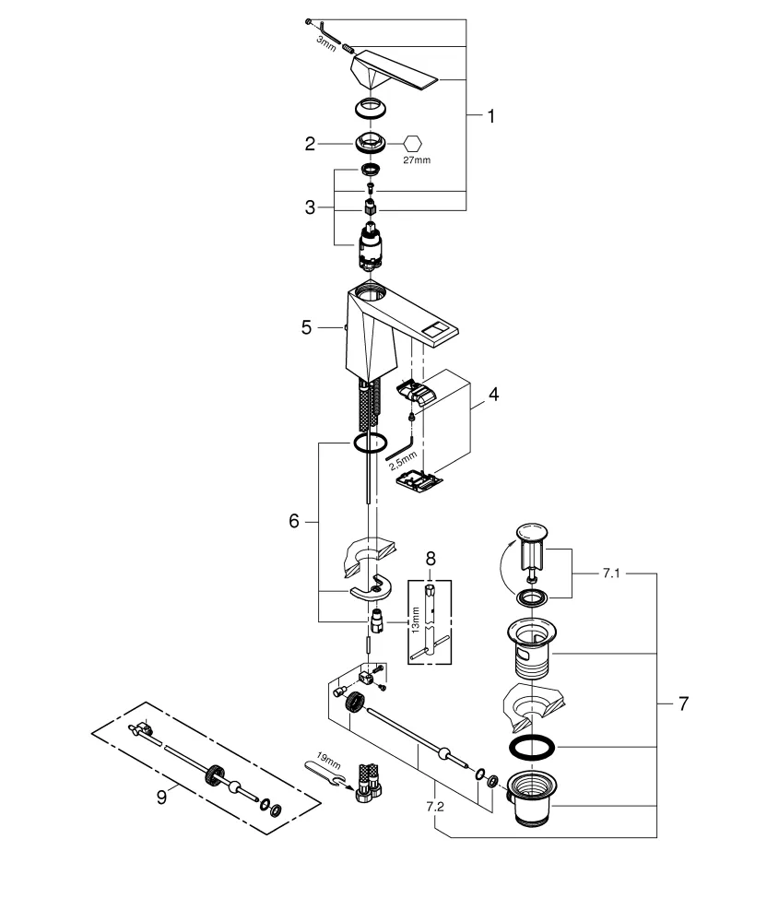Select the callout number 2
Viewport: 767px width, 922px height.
point(311,143)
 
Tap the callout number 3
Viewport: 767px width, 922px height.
point(311,207)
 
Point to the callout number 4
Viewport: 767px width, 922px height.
point(493,395)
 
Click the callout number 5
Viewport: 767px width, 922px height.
point(307,326)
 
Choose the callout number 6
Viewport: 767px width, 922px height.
point(294,521)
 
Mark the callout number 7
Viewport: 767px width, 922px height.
point(682,703)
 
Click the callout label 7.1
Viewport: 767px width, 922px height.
point(430,558)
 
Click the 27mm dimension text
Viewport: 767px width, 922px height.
point(417,160)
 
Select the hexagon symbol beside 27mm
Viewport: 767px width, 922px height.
point(415,143)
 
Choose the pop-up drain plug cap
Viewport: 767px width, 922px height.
point(531,532)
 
